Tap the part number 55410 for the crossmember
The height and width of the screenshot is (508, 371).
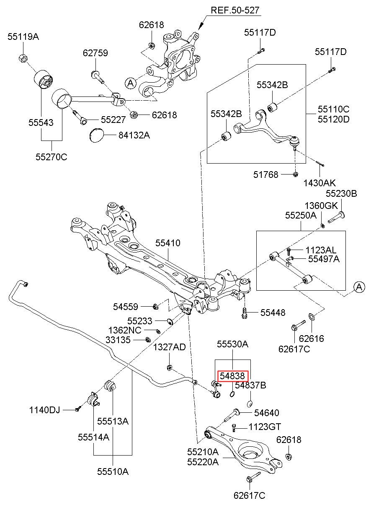(167, 243)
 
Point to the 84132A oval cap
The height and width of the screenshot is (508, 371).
(97, 135)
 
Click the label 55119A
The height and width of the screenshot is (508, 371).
(23, 37)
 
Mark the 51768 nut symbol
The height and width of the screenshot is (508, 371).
(296, 174)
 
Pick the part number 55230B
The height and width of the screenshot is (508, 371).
(341, 193)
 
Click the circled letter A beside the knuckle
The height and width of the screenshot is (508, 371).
(130, 83)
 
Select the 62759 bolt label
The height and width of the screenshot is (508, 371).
(95, 53)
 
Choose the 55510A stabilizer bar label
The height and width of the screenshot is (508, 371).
(113, 472)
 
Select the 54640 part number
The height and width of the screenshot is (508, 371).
(266, 413)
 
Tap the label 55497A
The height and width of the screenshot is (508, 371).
(324, 259)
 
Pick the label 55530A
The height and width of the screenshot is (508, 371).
(232, 344)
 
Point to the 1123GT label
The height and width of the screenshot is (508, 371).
(265, 427)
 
